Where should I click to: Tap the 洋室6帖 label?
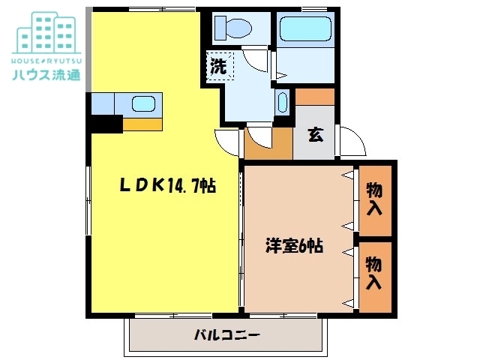point(294,245)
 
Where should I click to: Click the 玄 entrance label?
point(315,135)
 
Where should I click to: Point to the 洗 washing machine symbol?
point(219,66)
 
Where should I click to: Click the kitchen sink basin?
point(142,104)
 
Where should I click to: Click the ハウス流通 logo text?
point(46,75)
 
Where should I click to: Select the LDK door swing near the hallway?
point(227,141)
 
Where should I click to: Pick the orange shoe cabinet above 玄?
point(315,97)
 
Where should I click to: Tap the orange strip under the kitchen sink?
point(142,124)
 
